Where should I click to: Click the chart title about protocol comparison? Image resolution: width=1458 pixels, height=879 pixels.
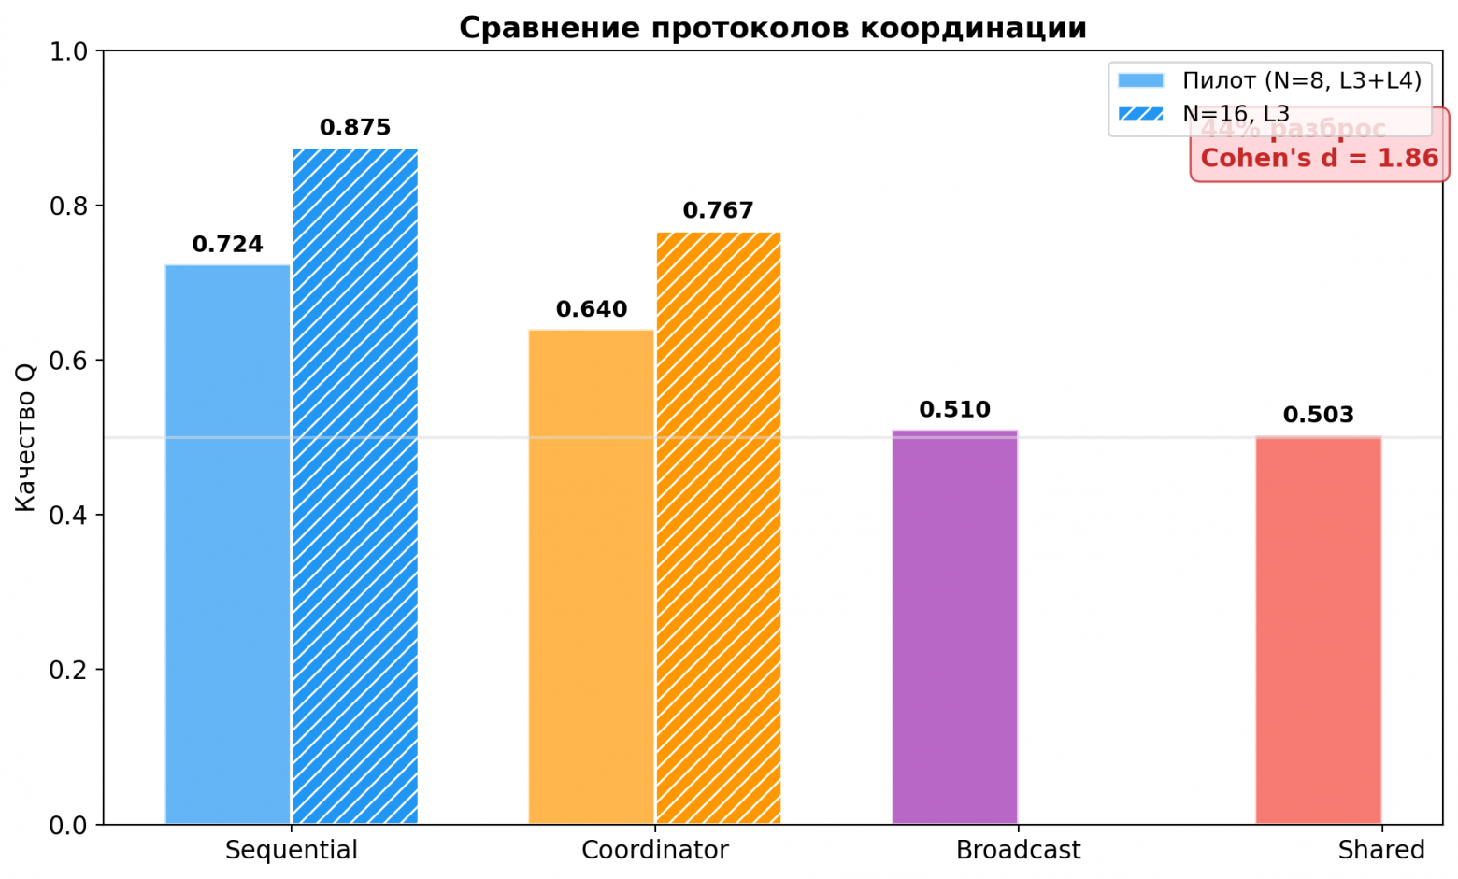(773, 28)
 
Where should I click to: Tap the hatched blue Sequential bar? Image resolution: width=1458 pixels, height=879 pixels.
(355, 486)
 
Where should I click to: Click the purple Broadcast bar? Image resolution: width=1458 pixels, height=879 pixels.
(954, 627)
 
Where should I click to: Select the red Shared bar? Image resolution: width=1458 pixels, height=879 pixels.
(1318, 630)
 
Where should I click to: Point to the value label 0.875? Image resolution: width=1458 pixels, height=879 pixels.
(355, 128)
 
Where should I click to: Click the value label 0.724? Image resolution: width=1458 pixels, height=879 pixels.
(228, 245)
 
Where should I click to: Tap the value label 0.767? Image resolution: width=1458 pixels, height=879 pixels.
(718, 211)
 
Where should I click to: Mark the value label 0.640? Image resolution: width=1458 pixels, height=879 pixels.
(592, 309)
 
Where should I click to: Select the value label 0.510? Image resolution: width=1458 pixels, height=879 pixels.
(954, 410)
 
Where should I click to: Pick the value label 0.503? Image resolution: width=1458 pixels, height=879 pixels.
(1318, 415)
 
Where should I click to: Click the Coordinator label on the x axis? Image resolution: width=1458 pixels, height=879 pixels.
(654, 850)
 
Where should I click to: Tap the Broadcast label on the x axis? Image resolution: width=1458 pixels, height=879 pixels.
(1018, 850)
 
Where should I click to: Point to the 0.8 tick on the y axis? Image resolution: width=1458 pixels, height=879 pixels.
(67, 206)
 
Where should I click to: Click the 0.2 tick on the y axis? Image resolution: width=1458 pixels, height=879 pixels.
(67, 670)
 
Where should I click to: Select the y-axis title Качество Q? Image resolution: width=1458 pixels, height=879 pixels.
(25, 437)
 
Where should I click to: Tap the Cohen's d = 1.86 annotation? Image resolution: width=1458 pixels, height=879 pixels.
(1319, 158)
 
